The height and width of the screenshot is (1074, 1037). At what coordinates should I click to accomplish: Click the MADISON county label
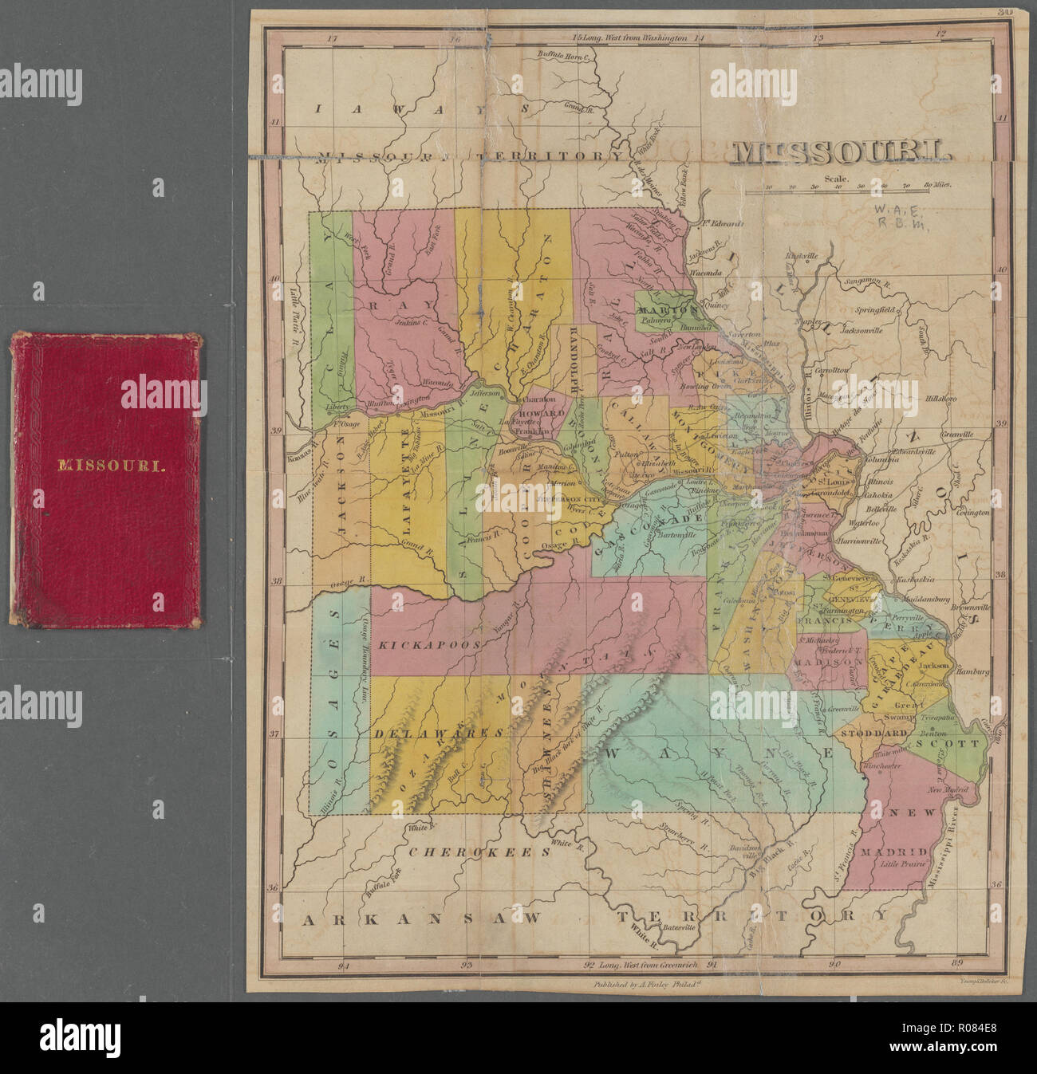click(824, 661)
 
